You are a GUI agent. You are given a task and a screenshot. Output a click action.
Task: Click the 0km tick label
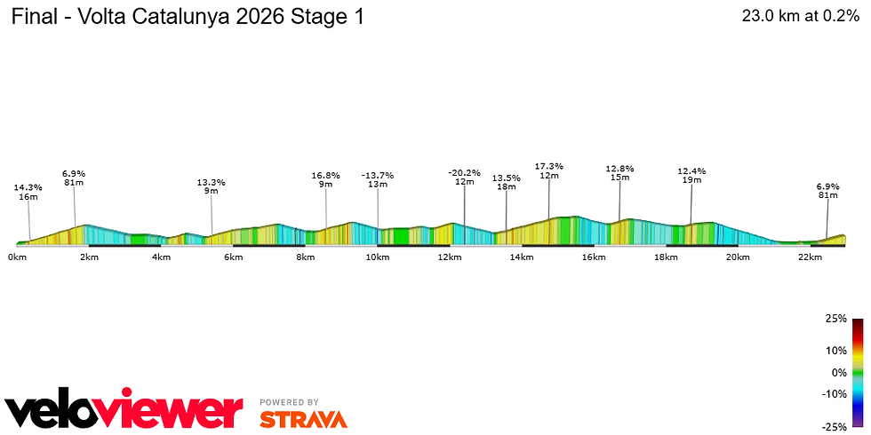16,257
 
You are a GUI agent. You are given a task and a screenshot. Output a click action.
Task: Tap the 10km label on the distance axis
378,257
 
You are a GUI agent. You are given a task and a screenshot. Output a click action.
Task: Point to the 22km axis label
810,257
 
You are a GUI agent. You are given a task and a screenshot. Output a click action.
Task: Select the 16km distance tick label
594,257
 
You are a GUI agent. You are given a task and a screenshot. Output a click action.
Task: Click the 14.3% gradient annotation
28,187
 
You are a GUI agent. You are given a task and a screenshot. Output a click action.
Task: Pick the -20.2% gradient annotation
464,172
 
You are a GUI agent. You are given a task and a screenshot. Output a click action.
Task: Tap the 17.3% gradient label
548,166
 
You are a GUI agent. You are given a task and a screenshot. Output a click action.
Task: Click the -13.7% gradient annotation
378,175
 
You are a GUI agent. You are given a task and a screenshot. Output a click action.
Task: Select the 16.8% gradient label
325,175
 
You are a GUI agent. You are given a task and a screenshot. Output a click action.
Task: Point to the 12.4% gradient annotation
691,170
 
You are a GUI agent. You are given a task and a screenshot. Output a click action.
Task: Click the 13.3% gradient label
212,182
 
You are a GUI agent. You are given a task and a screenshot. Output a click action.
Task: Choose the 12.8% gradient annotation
619,168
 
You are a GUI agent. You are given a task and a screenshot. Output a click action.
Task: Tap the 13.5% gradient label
507,178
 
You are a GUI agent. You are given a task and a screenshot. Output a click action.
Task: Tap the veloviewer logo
124,409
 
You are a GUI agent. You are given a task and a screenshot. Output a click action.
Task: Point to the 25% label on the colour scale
835,319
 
